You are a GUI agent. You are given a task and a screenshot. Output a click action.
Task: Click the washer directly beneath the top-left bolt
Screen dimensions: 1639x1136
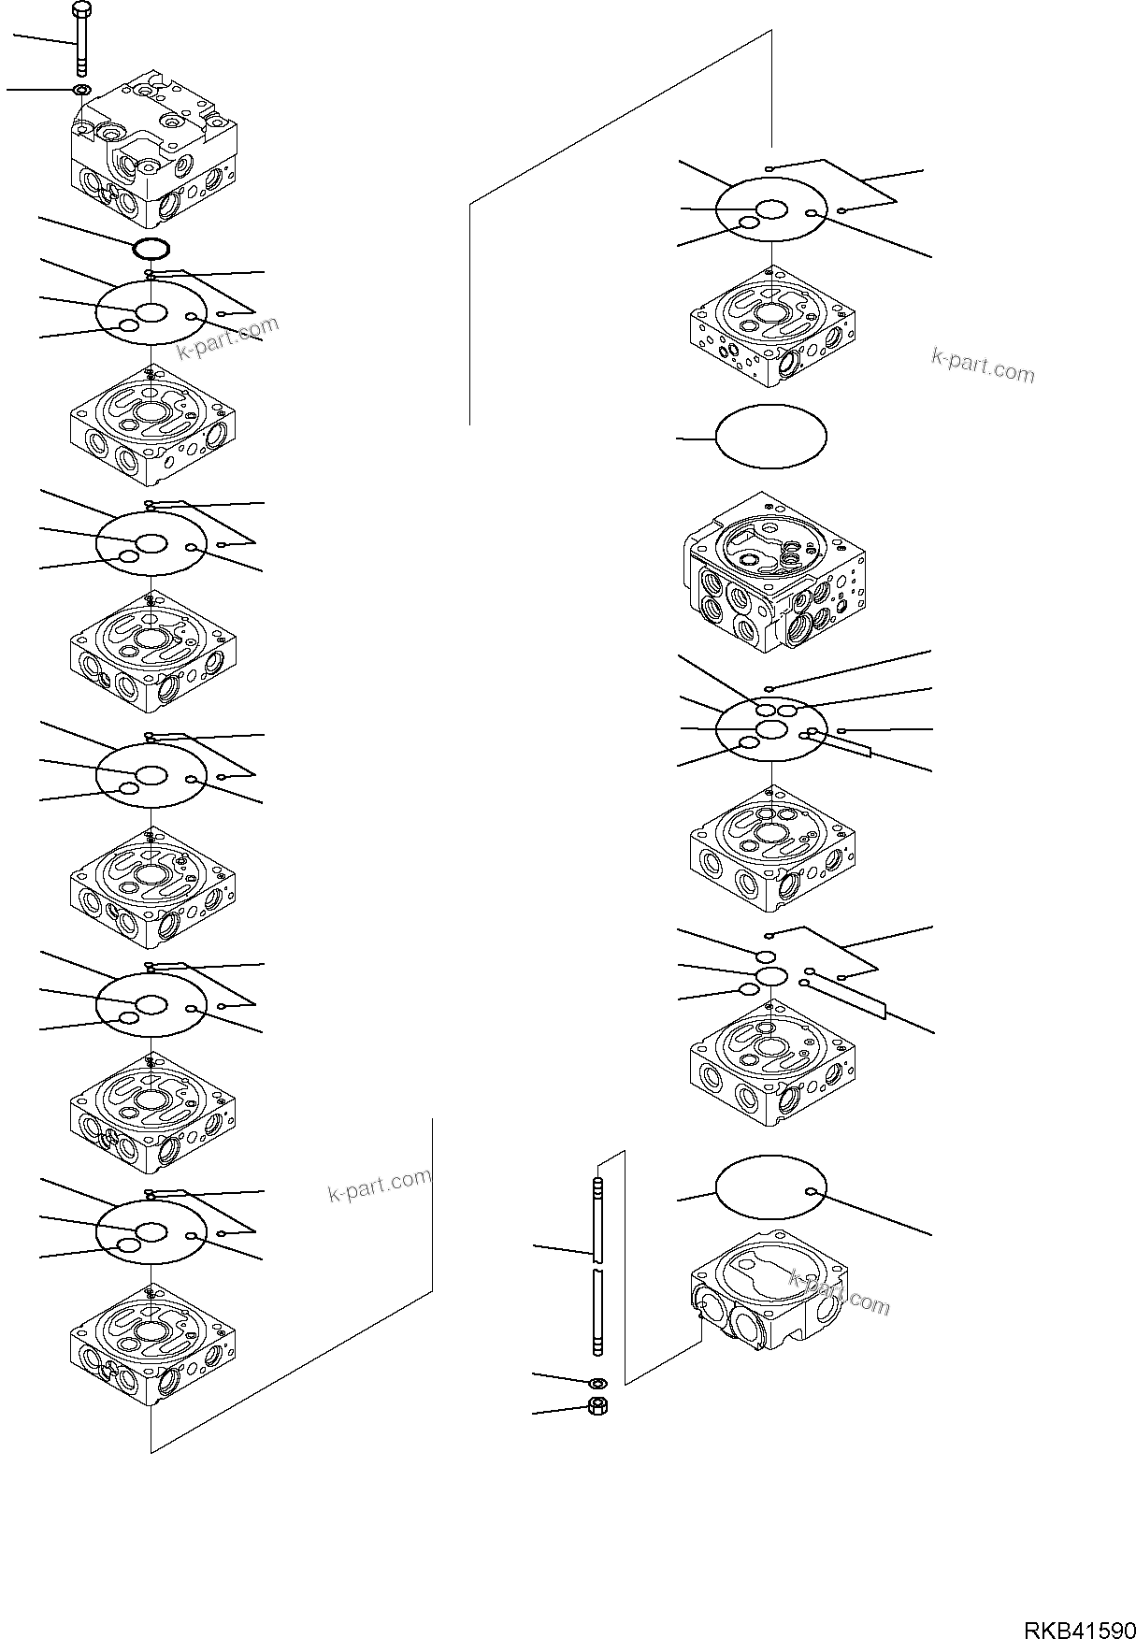(82, 89)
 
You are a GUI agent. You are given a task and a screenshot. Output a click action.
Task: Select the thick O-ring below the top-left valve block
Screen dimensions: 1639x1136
(151, 249)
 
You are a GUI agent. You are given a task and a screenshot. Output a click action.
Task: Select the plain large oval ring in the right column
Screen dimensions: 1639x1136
(770, 437)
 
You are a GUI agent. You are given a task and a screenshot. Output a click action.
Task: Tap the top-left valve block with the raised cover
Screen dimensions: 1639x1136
(153, 154)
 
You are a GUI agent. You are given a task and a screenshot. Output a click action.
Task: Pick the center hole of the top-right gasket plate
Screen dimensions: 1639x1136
(772, 209)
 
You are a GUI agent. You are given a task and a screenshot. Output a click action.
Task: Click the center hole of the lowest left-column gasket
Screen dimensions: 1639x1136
(151, 1232)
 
